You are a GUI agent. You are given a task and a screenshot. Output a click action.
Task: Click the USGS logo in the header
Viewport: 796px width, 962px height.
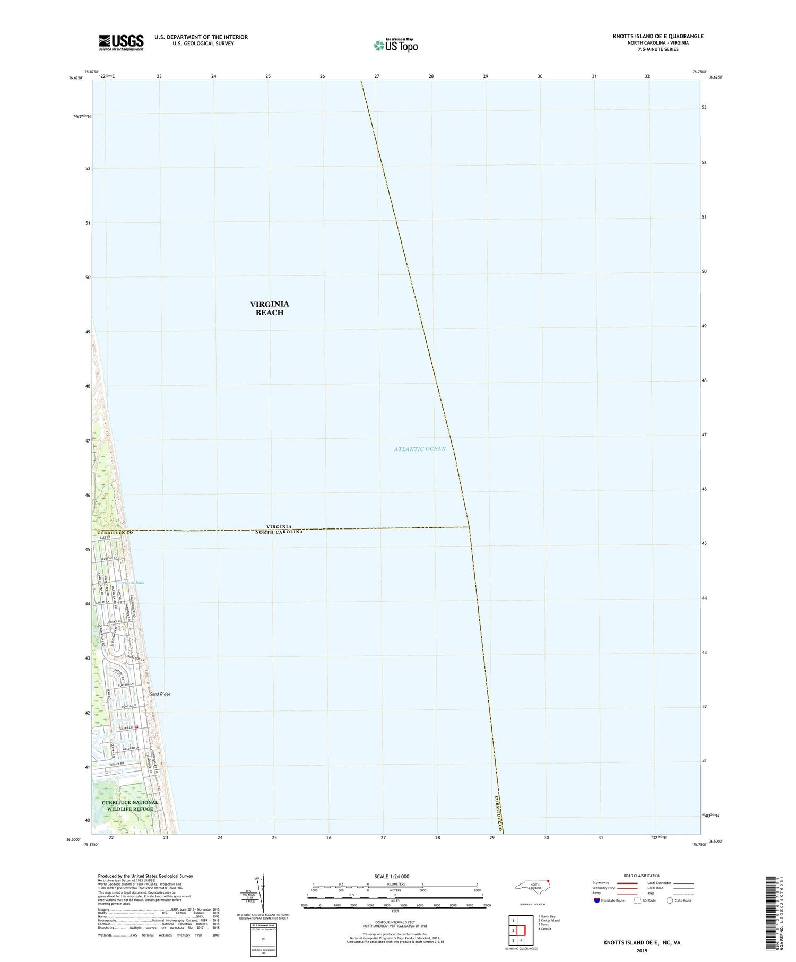[x=121, y=42]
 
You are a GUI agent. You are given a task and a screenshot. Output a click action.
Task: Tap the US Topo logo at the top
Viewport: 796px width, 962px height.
[x=395, y=45]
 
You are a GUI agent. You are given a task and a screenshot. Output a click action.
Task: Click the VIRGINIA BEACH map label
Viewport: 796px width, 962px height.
[x=270, y=308]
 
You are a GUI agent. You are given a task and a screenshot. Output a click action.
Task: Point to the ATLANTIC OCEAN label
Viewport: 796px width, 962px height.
[x=420, y=449]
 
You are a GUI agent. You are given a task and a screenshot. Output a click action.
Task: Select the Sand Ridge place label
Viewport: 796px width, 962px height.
[x=160, y=694]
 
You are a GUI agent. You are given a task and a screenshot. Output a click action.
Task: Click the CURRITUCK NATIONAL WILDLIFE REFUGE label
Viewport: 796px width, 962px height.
[x=129, y=805]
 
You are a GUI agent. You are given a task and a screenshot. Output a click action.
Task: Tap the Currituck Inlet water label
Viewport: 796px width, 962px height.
[x=131, y=583]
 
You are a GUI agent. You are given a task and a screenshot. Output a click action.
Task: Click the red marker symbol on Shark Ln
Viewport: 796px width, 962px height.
[x=136, y=727]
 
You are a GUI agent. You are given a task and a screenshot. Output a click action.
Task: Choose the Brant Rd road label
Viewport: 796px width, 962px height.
[x=118, y=764]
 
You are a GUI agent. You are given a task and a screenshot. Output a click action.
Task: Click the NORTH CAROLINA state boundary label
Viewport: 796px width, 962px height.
[x=279, y=532]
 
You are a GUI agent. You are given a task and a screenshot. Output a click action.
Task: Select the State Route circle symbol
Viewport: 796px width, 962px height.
[x=670, y=900]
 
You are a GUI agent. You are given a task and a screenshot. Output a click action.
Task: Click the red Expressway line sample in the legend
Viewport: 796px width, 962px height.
[x=627, y=883]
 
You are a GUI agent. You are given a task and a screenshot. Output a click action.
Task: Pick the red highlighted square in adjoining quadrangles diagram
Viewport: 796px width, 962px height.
[x=521, y=930]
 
